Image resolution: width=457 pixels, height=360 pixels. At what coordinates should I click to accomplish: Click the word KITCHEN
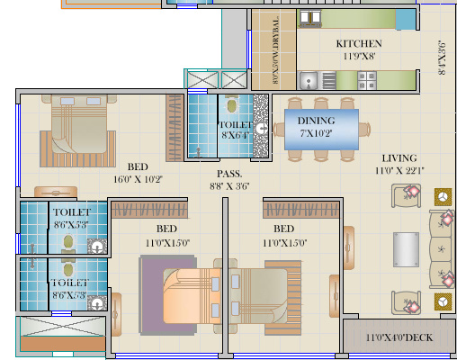tap(359, 44)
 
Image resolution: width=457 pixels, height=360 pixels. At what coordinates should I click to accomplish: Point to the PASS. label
tap(227, 174)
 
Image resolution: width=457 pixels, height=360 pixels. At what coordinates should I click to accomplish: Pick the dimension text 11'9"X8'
tap(359, 56)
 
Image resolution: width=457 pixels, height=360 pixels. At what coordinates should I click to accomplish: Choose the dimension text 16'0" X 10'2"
tap(138, 179)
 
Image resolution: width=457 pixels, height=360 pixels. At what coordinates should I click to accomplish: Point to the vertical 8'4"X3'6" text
tap(442, 57)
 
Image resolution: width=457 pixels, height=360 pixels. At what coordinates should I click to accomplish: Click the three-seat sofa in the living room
tap(443, 248)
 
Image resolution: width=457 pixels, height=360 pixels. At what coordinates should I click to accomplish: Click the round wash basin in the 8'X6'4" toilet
tap(260, 129)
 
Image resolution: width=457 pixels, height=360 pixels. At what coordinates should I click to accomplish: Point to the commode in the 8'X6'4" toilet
tap(230, 104)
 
